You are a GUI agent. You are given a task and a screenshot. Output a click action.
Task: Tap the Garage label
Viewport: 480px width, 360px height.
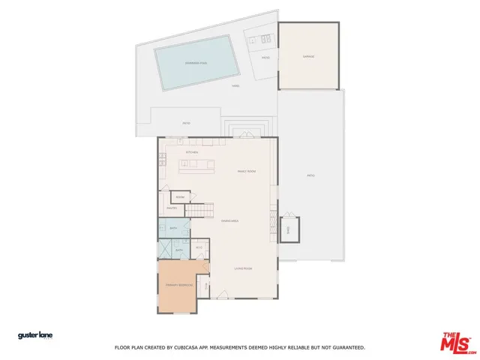pyautogui.click(x=308, y=56)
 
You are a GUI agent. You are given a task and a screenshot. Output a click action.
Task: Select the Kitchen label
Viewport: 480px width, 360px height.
pyautogui.click(x=192, y=153)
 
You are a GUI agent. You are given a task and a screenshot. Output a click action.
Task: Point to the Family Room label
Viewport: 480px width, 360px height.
pyautogui.click(x=247, y=172)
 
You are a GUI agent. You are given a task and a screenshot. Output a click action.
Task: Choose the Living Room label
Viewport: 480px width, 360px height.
pyautogui.click(x=242, y=268)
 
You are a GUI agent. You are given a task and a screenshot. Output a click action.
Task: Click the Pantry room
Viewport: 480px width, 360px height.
pyautogui.click(x=171, y=208)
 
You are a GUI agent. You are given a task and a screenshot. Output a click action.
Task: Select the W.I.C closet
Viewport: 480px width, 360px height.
pyautogui.click(x=199, y=247)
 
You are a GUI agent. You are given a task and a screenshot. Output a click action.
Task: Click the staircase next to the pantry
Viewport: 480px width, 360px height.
pyautogui.click(x=199, y=210)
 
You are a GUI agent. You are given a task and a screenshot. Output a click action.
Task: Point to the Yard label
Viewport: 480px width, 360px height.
pyautogui.click(x=235, y=85)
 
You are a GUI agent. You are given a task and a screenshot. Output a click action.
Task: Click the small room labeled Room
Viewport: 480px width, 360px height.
pyautogui.click(x=180, y=197)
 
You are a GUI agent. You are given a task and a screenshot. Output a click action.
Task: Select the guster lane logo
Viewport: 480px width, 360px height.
pyautogui.click(x=35, y=335)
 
